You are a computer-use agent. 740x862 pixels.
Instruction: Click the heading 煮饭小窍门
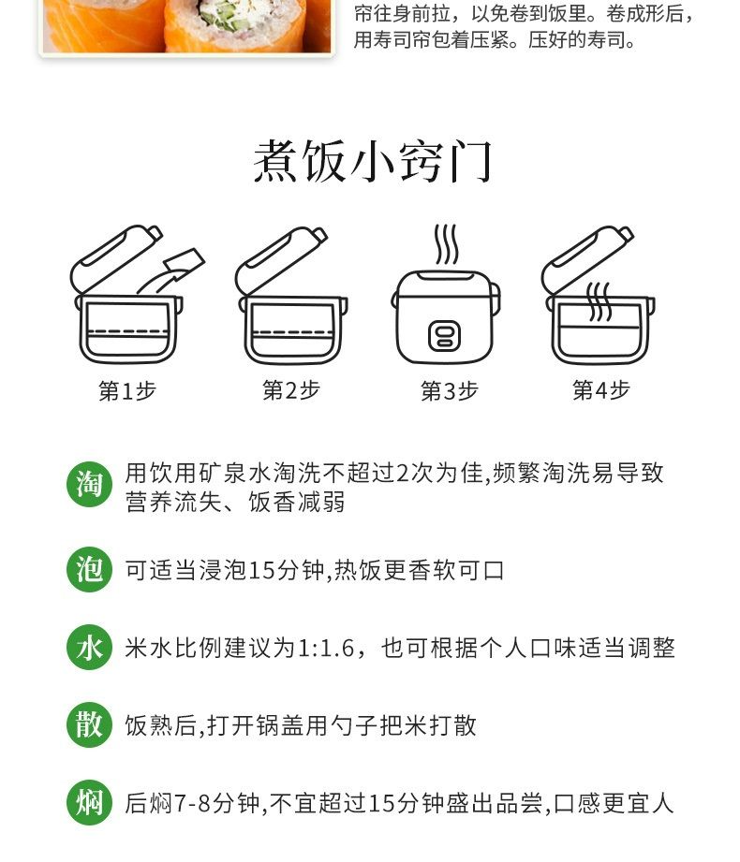pos(372,161)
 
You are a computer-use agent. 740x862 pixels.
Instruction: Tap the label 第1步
pos(127,391)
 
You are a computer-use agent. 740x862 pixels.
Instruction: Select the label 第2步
pos(291,389)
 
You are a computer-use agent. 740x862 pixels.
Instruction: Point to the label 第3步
pos(449,391)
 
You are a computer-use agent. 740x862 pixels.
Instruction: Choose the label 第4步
pos(600,389)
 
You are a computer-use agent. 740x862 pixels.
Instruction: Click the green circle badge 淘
pos(89,484)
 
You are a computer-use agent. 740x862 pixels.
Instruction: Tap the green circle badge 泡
pos(89,569)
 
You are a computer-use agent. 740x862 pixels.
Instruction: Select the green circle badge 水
pos(89,647)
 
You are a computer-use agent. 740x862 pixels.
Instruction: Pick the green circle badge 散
pos(89,724)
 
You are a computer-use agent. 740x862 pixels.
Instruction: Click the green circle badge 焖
pos(89,802)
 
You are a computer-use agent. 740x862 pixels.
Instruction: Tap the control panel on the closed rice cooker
pos(445,335)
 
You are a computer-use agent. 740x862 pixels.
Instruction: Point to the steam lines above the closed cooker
pos(446,244)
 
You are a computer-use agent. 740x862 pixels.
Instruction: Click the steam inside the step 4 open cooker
pos(599,301)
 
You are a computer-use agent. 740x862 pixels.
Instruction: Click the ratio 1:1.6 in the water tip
pos(326,648)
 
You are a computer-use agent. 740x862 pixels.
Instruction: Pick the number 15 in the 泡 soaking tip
pos(261,570)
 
